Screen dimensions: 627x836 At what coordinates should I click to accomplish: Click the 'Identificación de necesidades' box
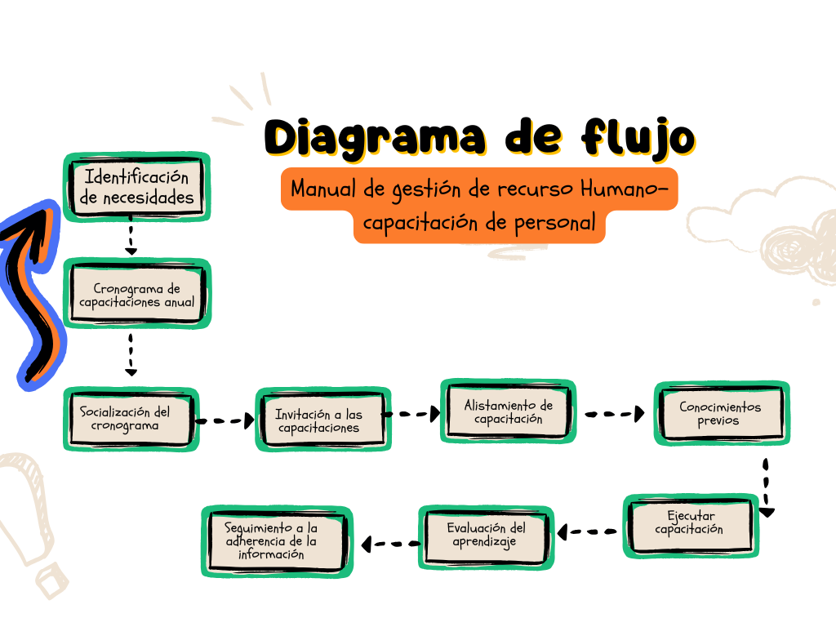(137, 187)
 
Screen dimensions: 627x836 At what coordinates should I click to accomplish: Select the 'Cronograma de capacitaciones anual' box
(137, 295)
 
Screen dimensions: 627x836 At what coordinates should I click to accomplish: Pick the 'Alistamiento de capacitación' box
(508, 411)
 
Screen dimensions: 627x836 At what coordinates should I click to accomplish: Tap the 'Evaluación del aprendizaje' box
(487, 536)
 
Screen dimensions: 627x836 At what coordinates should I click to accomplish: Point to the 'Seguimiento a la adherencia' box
(277, 541)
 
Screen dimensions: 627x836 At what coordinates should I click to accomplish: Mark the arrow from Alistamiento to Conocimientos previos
(614, 414)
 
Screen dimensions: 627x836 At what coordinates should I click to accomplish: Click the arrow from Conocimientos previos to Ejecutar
(766, 487)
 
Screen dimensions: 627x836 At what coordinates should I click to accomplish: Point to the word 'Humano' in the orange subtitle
(621, 189)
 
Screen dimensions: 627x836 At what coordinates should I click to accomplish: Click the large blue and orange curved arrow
(34, 294)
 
